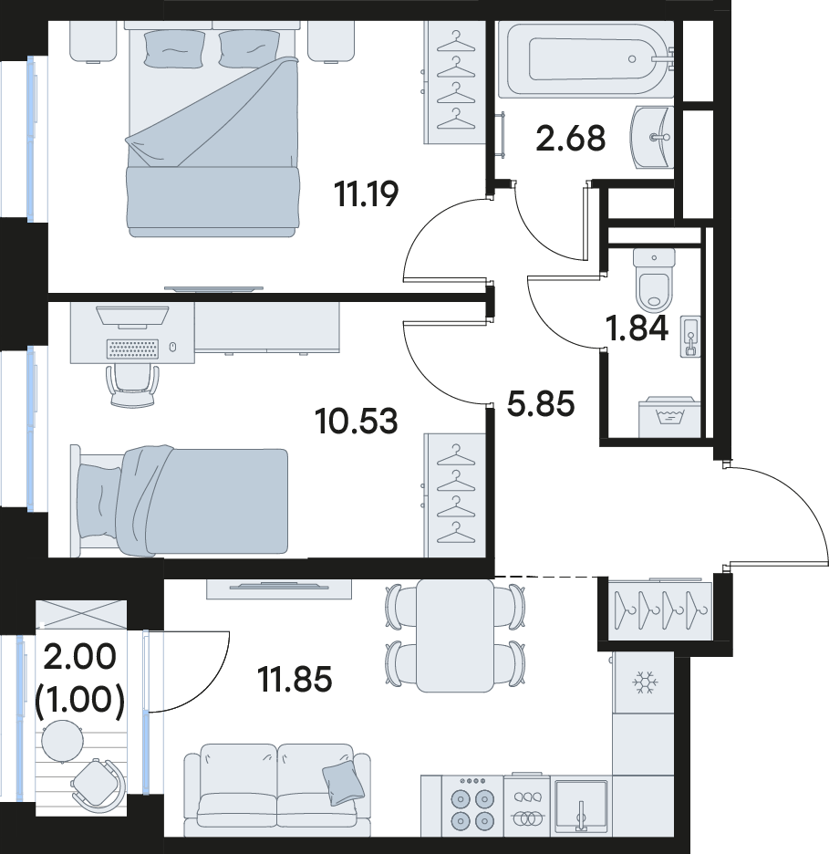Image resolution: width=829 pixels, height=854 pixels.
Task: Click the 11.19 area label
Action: pos(367,194)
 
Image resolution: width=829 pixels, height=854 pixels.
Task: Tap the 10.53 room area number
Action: pos(357,421)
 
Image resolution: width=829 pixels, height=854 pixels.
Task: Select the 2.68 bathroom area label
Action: pos(570,139)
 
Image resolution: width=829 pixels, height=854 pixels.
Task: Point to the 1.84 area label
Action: pos(637,328)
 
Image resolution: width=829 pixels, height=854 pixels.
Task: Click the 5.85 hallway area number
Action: pos(541,404)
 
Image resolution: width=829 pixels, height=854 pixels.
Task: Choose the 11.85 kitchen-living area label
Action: pos(295,679)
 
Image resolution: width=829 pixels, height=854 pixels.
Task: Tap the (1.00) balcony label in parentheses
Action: pos(80,700)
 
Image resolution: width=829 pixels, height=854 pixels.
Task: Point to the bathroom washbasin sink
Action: pos(652,137)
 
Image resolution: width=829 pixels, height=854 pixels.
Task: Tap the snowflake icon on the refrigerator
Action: pos(645,682)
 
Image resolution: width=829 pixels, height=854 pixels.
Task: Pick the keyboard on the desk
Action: pos(133,349)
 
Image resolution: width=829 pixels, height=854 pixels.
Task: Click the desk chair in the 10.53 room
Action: pos(133,385)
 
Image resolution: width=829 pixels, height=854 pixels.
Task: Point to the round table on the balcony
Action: pos(63,741)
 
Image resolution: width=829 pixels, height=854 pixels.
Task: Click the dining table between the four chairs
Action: pos(455,636)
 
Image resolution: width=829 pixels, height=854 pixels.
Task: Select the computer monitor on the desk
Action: pos(132,317)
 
